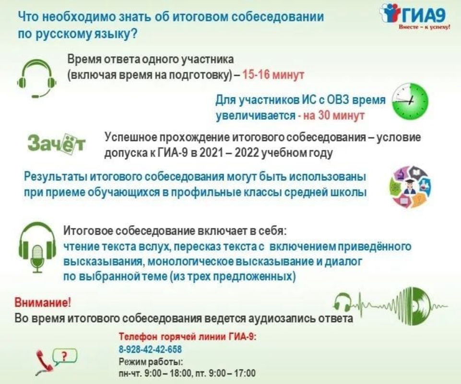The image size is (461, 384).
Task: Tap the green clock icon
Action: (x=411, y=101)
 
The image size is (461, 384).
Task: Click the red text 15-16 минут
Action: (x=273, y=75)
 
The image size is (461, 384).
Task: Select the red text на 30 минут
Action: (x=334, y=115)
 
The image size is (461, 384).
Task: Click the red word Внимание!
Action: (x=43, y=302)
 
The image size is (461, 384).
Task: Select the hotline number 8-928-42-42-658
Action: (x=150, y=349)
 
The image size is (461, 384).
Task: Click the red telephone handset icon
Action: (x=44, y=362)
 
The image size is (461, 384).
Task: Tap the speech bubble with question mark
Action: (x=65, y=356)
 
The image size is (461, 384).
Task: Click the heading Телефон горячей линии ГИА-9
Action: (x=188, y=336)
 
